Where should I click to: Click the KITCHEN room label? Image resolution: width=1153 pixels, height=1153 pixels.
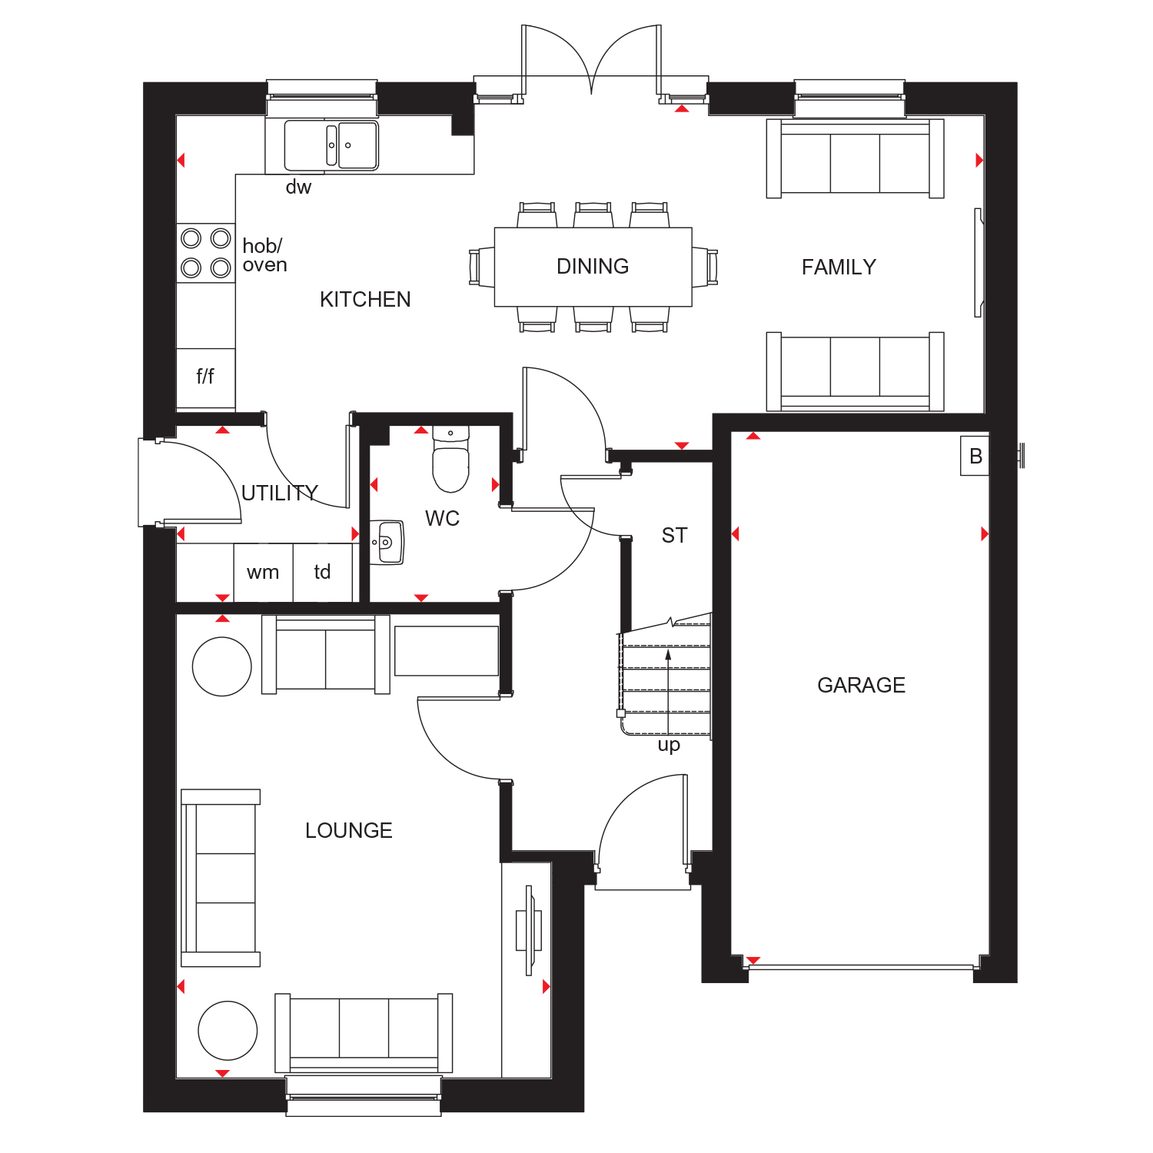(365, 299)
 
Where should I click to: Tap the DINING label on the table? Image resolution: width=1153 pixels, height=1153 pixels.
(593, 266)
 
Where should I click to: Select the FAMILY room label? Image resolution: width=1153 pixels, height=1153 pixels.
(839, 267)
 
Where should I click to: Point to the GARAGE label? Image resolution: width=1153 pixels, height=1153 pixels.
(861, 685)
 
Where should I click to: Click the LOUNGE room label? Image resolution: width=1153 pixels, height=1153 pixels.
(349, 830)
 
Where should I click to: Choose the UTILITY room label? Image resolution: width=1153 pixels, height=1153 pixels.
(280, 493)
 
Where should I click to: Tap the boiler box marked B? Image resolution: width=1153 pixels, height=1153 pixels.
(975, 456)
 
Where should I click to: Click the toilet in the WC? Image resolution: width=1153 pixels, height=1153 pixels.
(450, 459)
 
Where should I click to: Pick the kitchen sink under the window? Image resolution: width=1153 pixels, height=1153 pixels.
(331, 145)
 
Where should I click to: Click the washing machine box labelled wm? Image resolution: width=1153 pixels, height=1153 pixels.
(263, 573)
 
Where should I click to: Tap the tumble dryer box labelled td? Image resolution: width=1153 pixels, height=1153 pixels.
(323, 573)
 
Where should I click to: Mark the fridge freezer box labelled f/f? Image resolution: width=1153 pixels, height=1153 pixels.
(205, 377)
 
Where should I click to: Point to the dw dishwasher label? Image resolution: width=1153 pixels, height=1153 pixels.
(298, 187)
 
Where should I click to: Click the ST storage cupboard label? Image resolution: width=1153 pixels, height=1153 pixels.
(674, 535)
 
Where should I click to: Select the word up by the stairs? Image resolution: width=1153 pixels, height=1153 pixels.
(669, 745)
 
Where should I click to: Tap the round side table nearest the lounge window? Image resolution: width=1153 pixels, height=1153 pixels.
(228, 1031)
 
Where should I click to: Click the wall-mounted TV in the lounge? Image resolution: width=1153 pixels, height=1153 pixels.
(529, 930)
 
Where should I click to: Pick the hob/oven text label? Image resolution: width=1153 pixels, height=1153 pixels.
(264, 255)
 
